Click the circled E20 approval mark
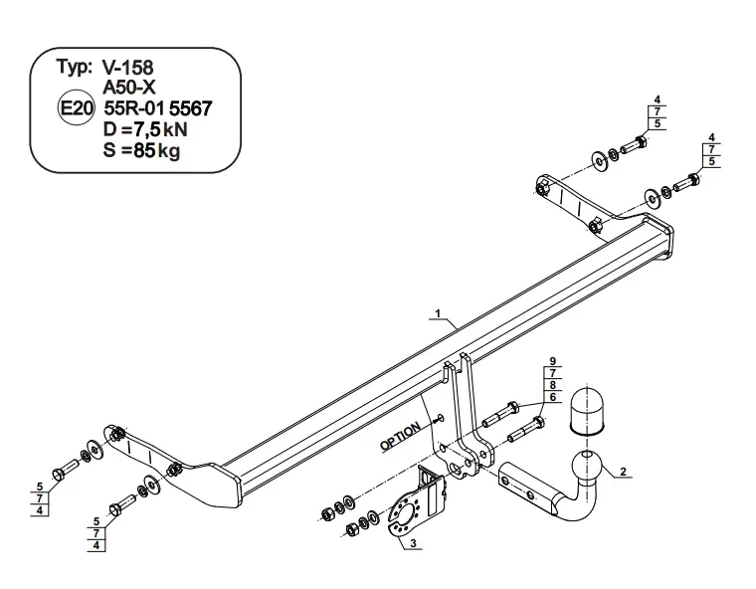click(x=76, y=108)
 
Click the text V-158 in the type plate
click(x=127, y=68)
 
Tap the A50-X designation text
click(x=129, y=88)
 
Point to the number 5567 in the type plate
click(x=190, y=108)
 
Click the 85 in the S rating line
click(x=143, y=150)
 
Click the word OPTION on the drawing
click(x=400, y=437)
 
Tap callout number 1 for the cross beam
click(x=439, y=314)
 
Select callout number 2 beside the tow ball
click(x=623, y=472)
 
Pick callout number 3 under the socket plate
click(x=413, y=543)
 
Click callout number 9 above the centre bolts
click(x=552, y=361)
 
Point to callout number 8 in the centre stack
click(x=552, y=385)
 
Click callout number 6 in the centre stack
click(x=552, y=397)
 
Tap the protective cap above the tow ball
click(x=586, y=410)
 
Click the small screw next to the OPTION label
click(x=439, y=419)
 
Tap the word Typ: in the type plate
click(x=75, y=67)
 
